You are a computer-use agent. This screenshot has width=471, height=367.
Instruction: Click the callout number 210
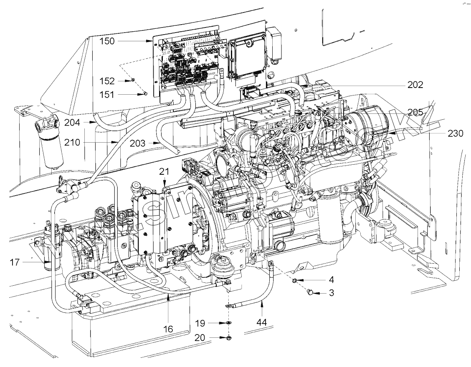point(72,142)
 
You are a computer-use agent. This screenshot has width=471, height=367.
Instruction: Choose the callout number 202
point(416,85)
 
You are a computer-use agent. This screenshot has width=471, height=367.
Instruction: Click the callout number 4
point(331,279)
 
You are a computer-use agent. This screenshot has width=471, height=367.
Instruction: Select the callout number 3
point(331,293)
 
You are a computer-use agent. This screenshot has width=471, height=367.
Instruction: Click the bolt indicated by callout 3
point(310,293)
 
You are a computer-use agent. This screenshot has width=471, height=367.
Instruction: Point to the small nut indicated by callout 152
point(132,80)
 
